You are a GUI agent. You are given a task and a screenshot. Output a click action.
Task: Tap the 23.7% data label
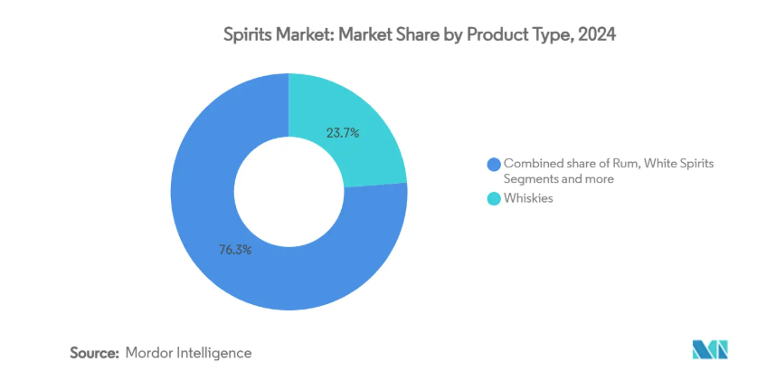tap(343, 133)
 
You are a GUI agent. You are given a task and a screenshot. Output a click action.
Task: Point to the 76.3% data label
tap(235, 249)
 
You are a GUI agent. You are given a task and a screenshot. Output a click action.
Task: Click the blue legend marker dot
tap(493, 164)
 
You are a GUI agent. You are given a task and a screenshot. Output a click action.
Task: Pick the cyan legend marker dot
tap(493, 199)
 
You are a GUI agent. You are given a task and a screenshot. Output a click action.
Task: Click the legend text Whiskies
tap(528, 199)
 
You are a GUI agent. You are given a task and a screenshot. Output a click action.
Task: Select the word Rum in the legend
tap(620, 164)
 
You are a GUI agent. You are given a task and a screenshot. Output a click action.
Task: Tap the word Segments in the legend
tap(531, 179)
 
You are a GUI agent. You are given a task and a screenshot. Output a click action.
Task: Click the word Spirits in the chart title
tap(247, 36)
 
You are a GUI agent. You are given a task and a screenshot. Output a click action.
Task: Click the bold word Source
tap(94, 352)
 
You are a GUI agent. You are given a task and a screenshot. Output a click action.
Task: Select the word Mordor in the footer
tap(151, 352)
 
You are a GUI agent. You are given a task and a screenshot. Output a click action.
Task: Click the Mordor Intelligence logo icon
tap(709, 350)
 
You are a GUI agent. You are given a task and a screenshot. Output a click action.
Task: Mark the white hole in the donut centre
tap(289, 192)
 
